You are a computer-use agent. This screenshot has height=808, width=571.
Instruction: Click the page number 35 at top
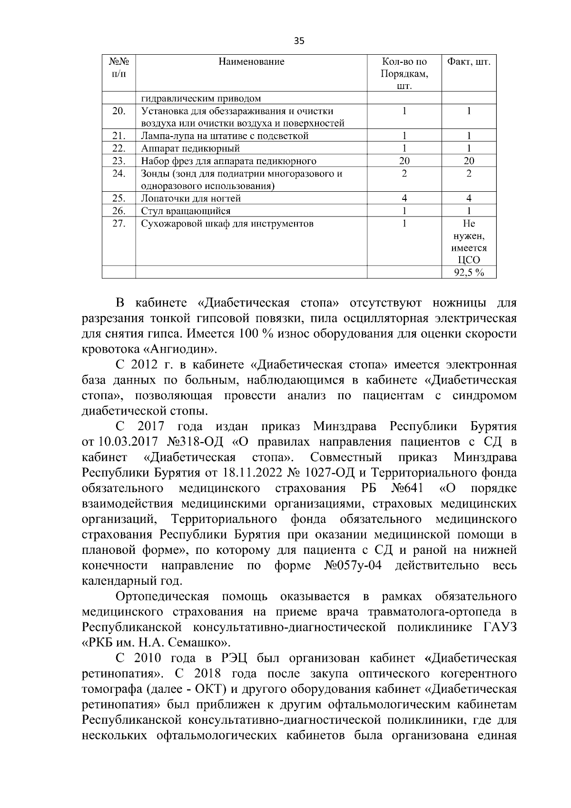click(299, 40)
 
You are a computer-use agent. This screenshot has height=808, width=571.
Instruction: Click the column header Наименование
click(251, 61)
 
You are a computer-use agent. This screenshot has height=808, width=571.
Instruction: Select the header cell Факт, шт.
click(469, 61)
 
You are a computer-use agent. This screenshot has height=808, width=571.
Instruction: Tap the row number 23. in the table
click(118, 161)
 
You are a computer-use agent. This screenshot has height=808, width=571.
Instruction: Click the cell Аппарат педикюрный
click(190, 148)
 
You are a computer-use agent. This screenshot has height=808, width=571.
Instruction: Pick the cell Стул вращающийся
click(186, 211)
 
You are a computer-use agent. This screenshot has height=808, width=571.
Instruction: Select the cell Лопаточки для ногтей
click(191, 198)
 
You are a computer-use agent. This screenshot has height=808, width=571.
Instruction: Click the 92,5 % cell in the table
click(469, 273)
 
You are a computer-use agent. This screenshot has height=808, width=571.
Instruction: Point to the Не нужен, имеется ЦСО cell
click(469, 242)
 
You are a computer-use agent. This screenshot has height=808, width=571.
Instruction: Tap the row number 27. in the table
click(118, 224)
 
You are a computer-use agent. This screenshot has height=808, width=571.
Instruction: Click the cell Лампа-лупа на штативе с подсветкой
click(225, 136)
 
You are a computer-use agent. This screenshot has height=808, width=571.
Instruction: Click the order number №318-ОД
click(196, 442)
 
